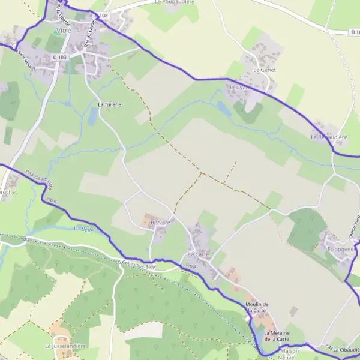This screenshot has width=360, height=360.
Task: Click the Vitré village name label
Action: click(63, 30)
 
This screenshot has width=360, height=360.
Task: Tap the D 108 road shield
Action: click(101, 15)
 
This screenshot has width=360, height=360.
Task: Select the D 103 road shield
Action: click(59, 57)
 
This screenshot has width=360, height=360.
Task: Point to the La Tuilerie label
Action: click(110, 104)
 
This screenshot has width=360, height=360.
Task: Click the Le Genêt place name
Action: click(263, 70)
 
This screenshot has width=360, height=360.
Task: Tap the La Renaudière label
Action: click(329, 137)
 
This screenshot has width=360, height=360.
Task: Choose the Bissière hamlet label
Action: click(160, 222)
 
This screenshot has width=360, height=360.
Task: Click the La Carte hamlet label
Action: click(198, 254)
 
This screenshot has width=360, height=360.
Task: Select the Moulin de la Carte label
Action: click(256, 307)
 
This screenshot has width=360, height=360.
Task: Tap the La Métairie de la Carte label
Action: click(277, 336)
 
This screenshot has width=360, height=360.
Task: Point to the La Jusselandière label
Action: click(65, 346)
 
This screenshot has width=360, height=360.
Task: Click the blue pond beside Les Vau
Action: click(224, 109)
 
